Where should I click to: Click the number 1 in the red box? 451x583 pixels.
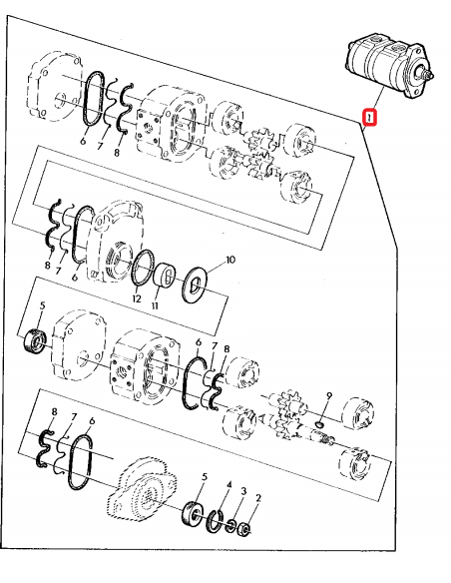click(x=370, y=119)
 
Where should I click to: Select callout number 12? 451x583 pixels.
click(x=137, y=299)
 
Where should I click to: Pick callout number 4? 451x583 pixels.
click(x=227, y=487)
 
